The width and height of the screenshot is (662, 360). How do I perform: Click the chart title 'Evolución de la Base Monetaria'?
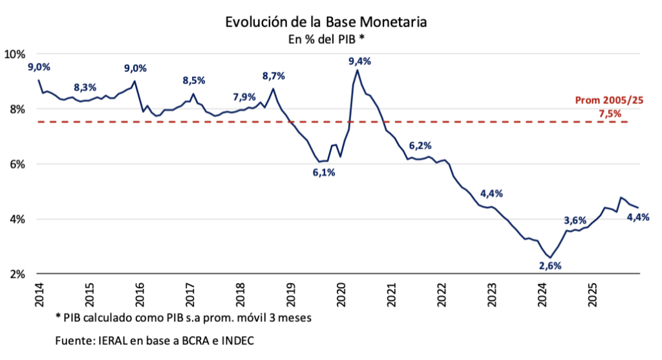(x=326, y=22)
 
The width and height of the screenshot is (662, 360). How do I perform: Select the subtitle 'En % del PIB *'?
(x=326, y=39)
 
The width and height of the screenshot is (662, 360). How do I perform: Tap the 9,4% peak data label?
(x=359, y=61)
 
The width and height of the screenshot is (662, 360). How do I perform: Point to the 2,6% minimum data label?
(x=550, y=266)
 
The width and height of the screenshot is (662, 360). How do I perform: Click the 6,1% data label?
(x=323, y=173)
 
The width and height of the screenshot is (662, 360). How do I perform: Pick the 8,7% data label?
(x=273, y=76)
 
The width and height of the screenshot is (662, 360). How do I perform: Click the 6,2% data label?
(x=420, y=145)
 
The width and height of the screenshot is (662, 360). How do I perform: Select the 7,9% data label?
(x=244, y=97)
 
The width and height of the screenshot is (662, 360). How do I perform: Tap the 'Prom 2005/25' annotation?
(x=609, y=101)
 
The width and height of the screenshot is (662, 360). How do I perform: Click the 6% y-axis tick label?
(x=17, y=164)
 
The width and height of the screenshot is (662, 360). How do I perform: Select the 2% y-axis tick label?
(x=17, y=274)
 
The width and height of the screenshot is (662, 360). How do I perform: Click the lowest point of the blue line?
(x=550, y=258)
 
